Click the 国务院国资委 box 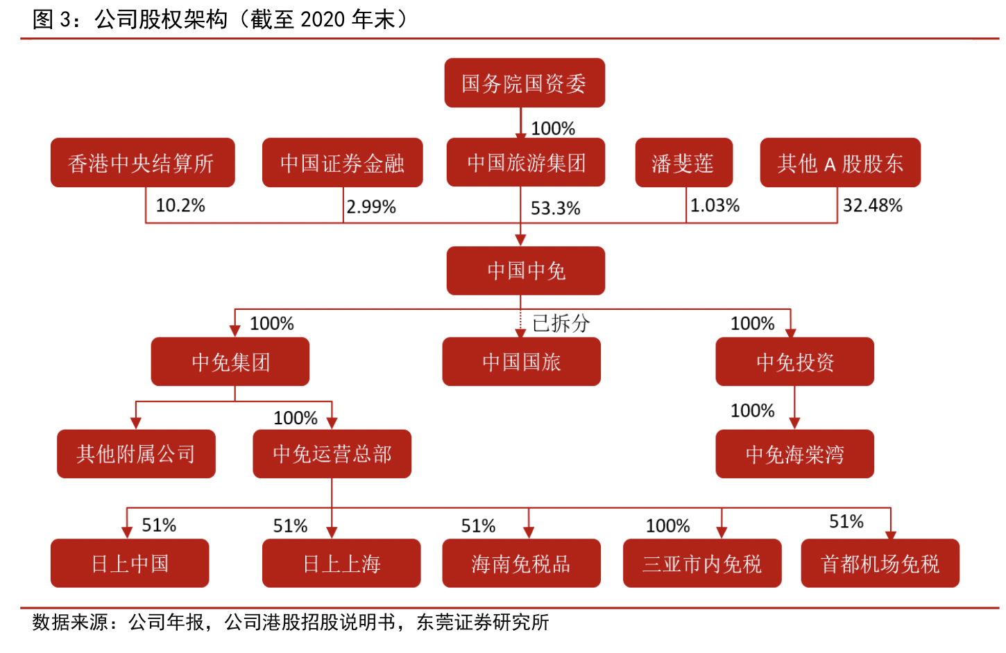click(x=525, y=83)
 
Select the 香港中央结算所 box click(x=142, y=163)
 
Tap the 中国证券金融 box click(x=342, y=163)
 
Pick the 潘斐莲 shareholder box click(x=683, y=163)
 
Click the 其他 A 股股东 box click(x=840, y=163)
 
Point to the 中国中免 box click(x=526, y=270)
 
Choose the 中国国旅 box click(x=521, y=362)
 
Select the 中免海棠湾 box click(x=794, y=454)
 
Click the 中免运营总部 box click(x=332, y=454)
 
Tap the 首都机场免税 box click(x=880, y=564)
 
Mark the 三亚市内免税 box click(x=702, y=564)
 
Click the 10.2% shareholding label click(x=180, y=206)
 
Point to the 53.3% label click(x=555, y=208)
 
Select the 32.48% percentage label click(x=872, y=206)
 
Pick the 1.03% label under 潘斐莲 click(x=715, y=206)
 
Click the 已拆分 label click(x=561, y=323)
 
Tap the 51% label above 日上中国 click(x=159, y=525)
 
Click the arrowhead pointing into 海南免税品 click(x=529, y=532)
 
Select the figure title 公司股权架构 click(x=161, y=19)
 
